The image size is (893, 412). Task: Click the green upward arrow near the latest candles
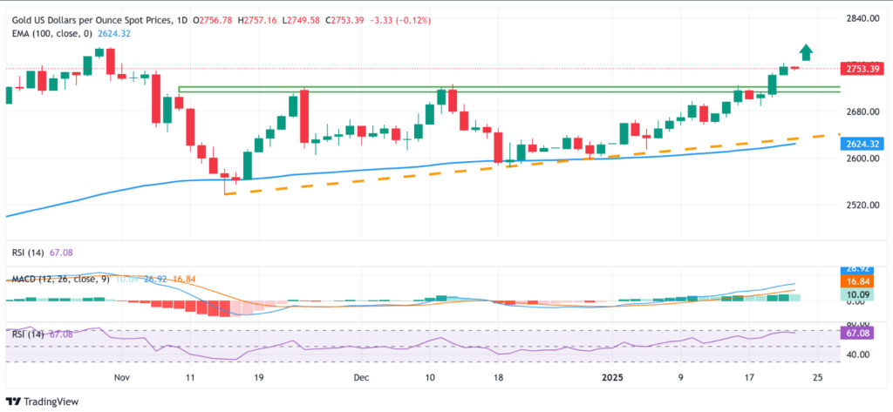pyautogui.click(x=806, y=52)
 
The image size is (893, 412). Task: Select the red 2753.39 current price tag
pyautogui.click(x=860, y=68)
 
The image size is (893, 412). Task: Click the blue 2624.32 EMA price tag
pyautogui.click(x=860, y=144)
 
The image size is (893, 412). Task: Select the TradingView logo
pyautogui.click(x=44, y=401)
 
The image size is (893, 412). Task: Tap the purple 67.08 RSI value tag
pyautogui.click(x=860, y=334)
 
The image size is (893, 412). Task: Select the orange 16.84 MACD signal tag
pyautogui.click(x=860, y=282)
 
